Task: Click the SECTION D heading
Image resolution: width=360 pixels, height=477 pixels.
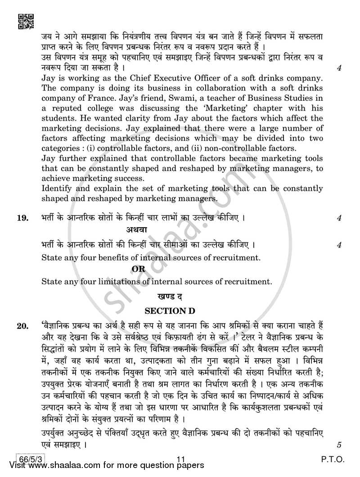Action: point(166,311)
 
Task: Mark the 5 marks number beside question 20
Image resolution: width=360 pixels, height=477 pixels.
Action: point(339,445)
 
